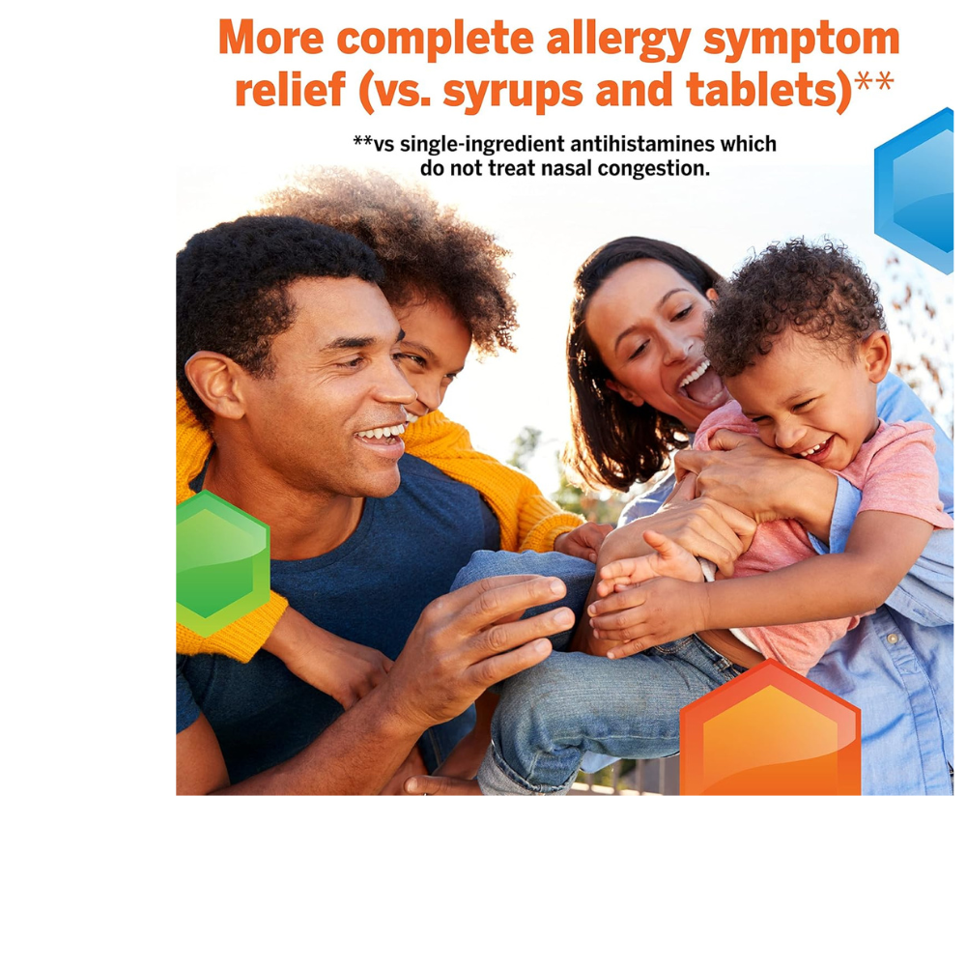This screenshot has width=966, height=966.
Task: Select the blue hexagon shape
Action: coord(918,188)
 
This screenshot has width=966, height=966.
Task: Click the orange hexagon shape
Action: coord(770,734)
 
